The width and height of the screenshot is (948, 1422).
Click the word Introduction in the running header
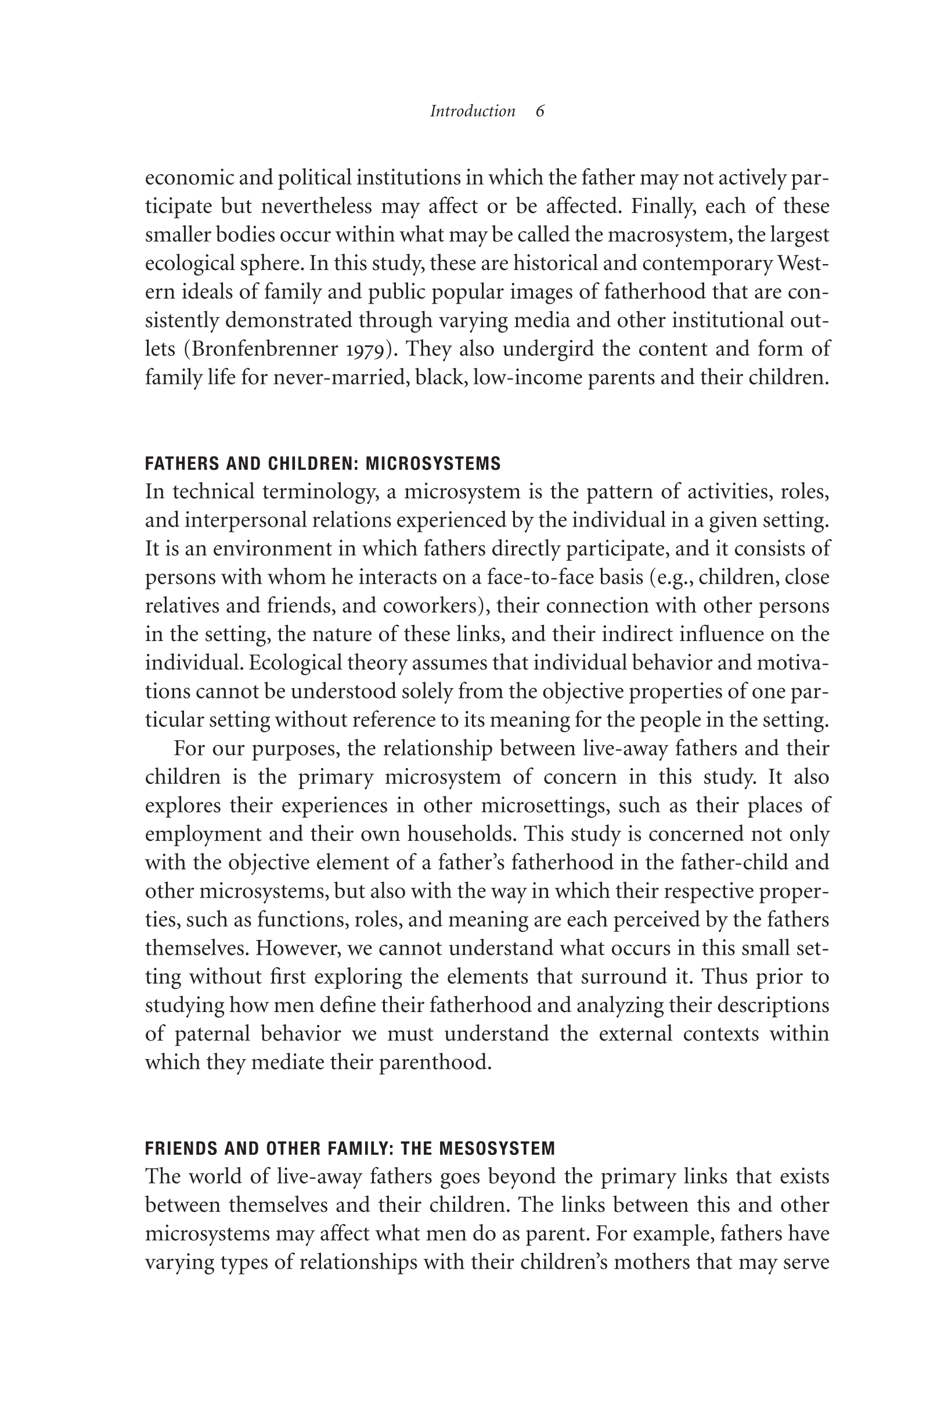pyautogui.click(x=472, y=111)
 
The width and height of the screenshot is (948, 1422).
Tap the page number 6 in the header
pyautogui.click(x=540, y=111)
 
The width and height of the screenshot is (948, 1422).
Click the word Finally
pyautogui.click(x=662, y=207)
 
